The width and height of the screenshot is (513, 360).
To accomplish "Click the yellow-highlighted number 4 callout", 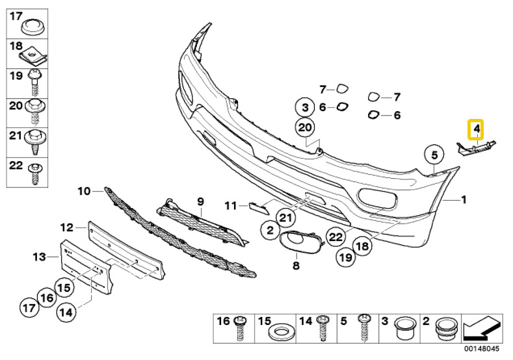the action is coord(476,129).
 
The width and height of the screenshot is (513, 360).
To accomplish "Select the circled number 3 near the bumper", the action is coord(305,107).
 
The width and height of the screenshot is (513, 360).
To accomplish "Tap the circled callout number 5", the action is coord(434,155).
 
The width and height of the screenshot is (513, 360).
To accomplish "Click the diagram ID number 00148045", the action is coord(481,349).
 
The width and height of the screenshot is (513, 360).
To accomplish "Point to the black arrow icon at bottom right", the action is coord(482,328).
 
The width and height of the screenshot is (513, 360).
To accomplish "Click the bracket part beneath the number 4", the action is coord(476,148).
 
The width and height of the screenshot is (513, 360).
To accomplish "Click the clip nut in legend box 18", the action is coord(33,56).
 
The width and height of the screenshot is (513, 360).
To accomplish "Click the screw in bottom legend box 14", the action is coord(323,328).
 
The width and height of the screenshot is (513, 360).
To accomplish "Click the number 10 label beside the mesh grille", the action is coord(84,190).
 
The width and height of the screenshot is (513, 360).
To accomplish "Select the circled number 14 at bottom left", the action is coord(66,313).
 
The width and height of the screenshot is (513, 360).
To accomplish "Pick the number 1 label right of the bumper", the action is coord(464,199).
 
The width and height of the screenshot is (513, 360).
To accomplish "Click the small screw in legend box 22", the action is coord(34,174).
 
